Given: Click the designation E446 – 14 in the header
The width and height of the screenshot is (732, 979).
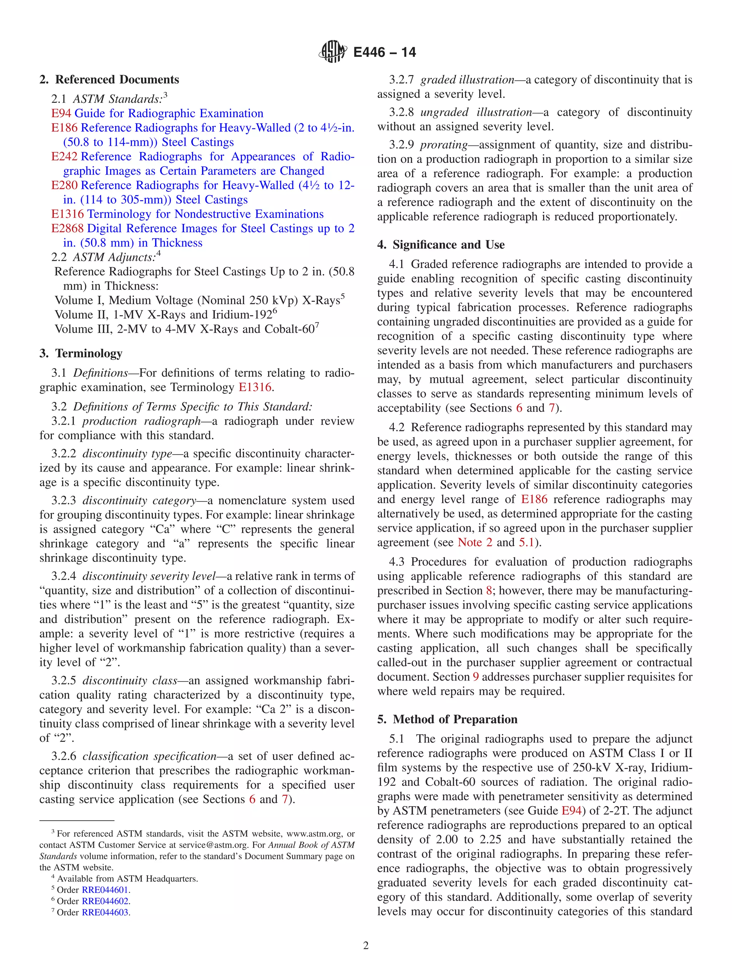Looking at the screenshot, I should [x=384, y=52].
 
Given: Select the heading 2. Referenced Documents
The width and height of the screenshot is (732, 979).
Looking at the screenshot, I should [x=109, y=80].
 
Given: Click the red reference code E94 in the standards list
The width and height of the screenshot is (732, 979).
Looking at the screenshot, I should [x=61, y=113].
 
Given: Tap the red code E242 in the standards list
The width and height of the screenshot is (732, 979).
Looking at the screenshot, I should [x=64, y=157].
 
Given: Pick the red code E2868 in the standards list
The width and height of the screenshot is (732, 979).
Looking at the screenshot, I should [x=67, y=228].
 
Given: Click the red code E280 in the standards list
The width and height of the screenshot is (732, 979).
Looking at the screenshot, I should [x=64, y=185].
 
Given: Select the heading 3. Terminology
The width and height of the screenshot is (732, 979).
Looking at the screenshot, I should [x=81, y=353].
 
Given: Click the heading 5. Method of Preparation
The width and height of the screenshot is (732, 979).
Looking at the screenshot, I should [x=447, y=719].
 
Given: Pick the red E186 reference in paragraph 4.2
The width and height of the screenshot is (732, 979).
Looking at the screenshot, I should [x=534, y=499].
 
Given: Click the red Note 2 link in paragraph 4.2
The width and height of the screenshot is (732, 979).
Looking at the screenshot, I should [x=475, y=542].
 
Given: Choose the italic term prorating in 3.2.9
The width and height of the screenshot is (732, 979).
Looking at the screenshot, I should [x=444, y=145].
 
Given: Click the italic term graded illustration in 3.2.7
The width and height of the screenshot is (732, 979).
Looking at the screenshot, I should [x=467, y=80].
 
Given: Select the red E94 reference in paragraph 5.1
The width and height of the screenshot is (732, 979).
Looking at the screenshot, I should [x=571, y=811].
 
